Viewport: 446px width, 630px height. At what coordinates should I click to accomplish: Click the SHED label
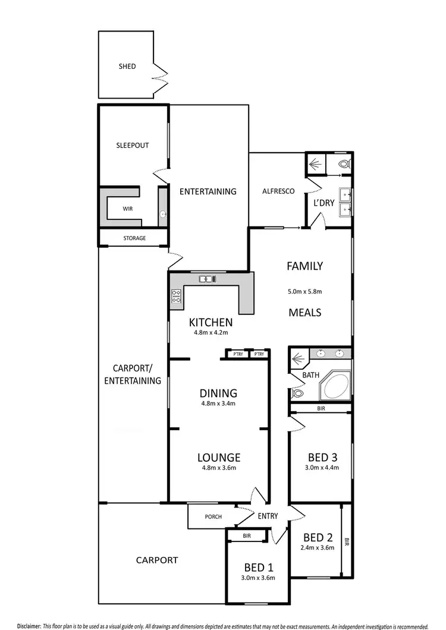pos(127,67)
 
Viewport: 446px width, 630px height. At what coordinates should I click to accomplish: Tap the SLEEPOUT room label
pos(133,145)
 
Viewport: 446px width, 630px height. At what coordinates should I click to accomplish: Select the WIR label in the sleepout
pos(128,209)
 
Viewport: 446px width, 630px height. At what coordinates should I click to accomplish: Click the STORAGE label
pos(134,238)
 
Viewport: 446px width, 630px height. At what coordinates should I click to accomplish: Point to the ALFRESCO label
pos(279,191)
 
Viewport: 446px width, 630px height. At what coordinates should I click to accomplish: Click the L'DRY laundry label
pos(324,203)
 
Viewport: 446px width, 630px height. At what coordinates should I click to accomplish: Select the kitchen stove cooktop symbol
pos(176,296)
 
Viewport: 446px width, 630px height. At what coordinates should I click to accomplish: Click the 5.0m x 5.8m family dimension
pos(304,292)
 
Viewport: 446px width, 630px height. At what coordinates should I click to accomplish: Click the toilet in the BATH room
pos(297,393)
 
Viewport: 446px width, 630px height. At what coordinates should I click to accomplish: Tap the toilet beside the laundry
pos(343,165)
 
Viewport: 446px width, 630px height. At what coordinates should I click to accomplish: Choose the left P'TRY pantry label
pos(238,354)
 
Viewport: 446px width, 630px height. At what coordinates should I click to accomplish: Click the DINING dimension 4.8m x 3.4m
pos(218,404)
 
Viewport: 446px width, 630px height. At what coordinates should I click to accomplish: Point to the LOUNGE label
pos(219,458)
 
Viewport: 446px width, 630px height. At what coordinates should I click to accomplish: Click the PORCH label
pos(212,516)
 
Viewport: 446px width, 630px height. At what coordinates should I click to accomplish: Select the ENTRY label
pos(268,516)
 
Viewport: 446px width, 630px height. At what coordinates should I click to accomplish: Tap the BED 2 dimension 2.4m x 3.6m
pos(318,548)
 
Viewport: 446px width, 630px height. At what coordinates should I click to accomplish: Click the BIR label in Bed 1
pos(247,535)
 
